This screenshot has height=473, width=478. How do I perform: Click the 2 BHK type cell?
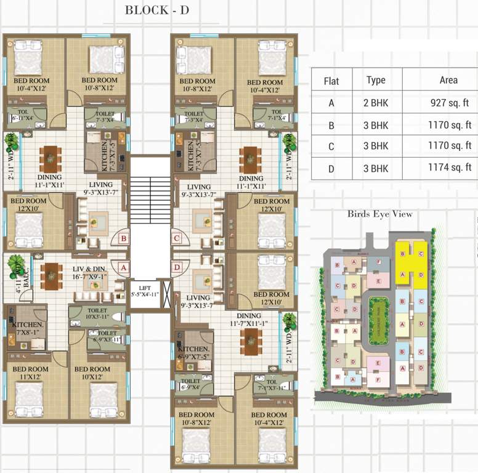click(x=376, y=103)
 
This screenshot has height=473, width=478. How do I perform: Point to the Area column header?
click(x=448, y=80)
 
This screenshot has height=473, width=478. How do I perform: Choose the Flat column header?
click(x=331, y=81)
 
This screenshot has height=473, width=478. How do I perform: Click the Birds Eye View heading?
click(x=379, y=214)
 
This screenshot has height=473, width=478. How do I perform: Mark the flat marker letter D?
click(x=177, y=267)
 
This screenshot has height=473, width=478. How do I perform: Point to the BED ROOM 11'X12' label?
click(x=30, y=373)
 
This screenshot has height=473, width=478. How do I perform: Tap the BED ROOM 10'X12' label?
click(x=92, y=373)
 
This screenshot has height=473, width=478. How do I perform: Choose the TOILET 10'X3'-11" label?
click(x=97, y=314)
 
